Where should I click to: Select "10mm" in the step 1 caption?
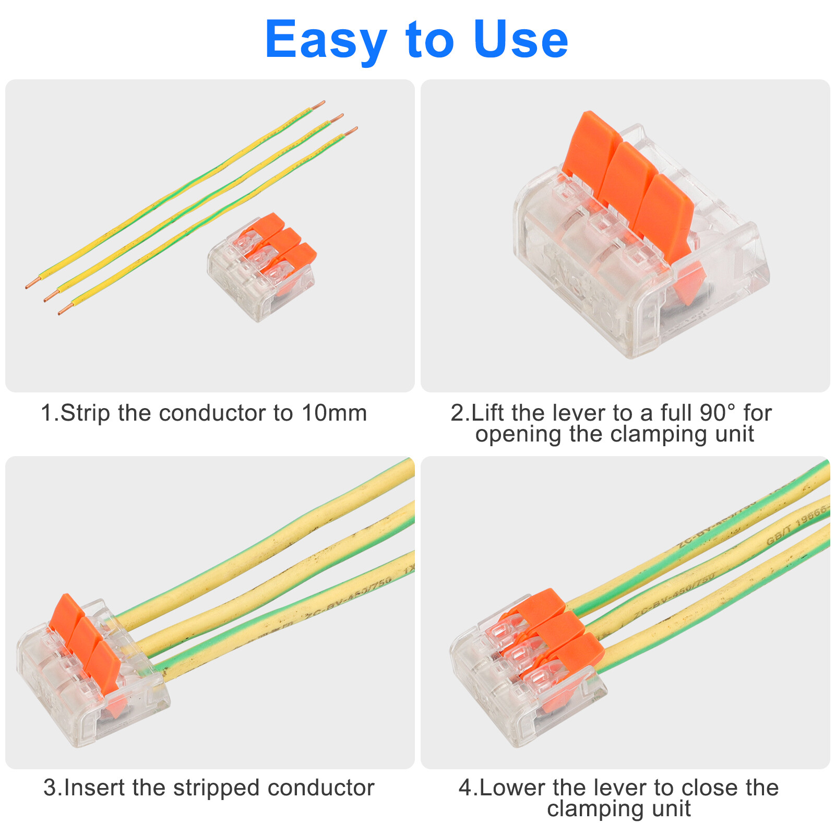(334, 413)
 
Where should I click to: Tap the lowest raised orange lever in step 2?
(665, 219)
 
